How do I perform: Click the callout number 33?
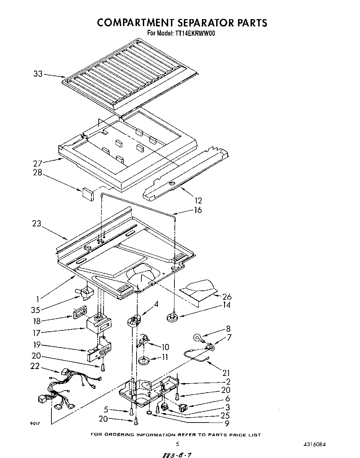pos(38,74)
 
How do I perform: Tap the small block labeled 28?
pos(88,194)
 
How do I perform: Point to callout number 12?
pos(198,201)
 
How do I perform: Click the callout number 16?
pos(198,210)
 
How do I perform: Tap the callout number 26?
pos(227,297)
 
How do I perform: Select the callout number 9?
pos(227,424)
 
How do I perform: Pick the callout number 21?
pos(226,373)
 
